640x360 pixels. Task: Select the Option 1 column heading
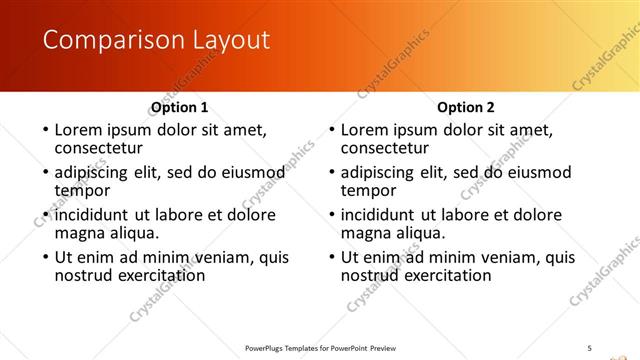[179, 107]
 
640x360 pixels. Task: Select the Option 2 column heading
[465, 107]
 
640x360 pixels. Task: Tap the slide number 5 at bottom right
[589, 347]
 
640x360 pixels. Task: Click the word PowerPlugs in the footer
[264, 348]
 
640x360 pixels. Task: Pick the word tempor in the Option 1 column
[82, 190]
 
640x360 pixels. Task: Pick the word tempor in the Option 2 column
[368, 190]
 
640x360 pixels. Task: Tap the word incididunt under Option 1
[93, 215]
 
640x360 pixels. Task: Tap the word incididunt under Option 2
[379, 215]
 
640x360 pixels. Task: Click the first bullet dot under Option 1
[44, 130]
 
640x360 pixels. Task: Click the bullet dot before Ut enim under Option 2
[330, 257]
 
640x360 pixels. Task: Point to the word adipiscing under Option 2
[381, 172]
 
